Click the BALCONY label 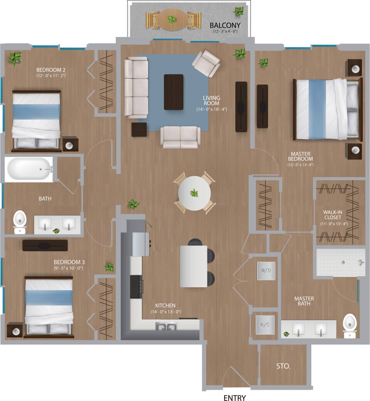click(225, 25)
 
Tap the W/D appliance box click(266, 271)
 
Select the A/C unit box click(265, 325)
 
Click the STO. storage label click(283, 366)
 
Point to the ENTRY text click(234, 398)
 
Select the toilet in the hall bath click(20, 222)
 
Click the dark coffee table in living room click(173, 92)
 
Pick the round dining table click(194, 193)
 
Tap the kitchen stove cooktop click(136, 287)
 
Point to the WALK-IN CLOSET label click(332, 215)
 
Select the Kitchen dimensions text click(165, 312)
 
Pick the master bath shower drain click(343, 263)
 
